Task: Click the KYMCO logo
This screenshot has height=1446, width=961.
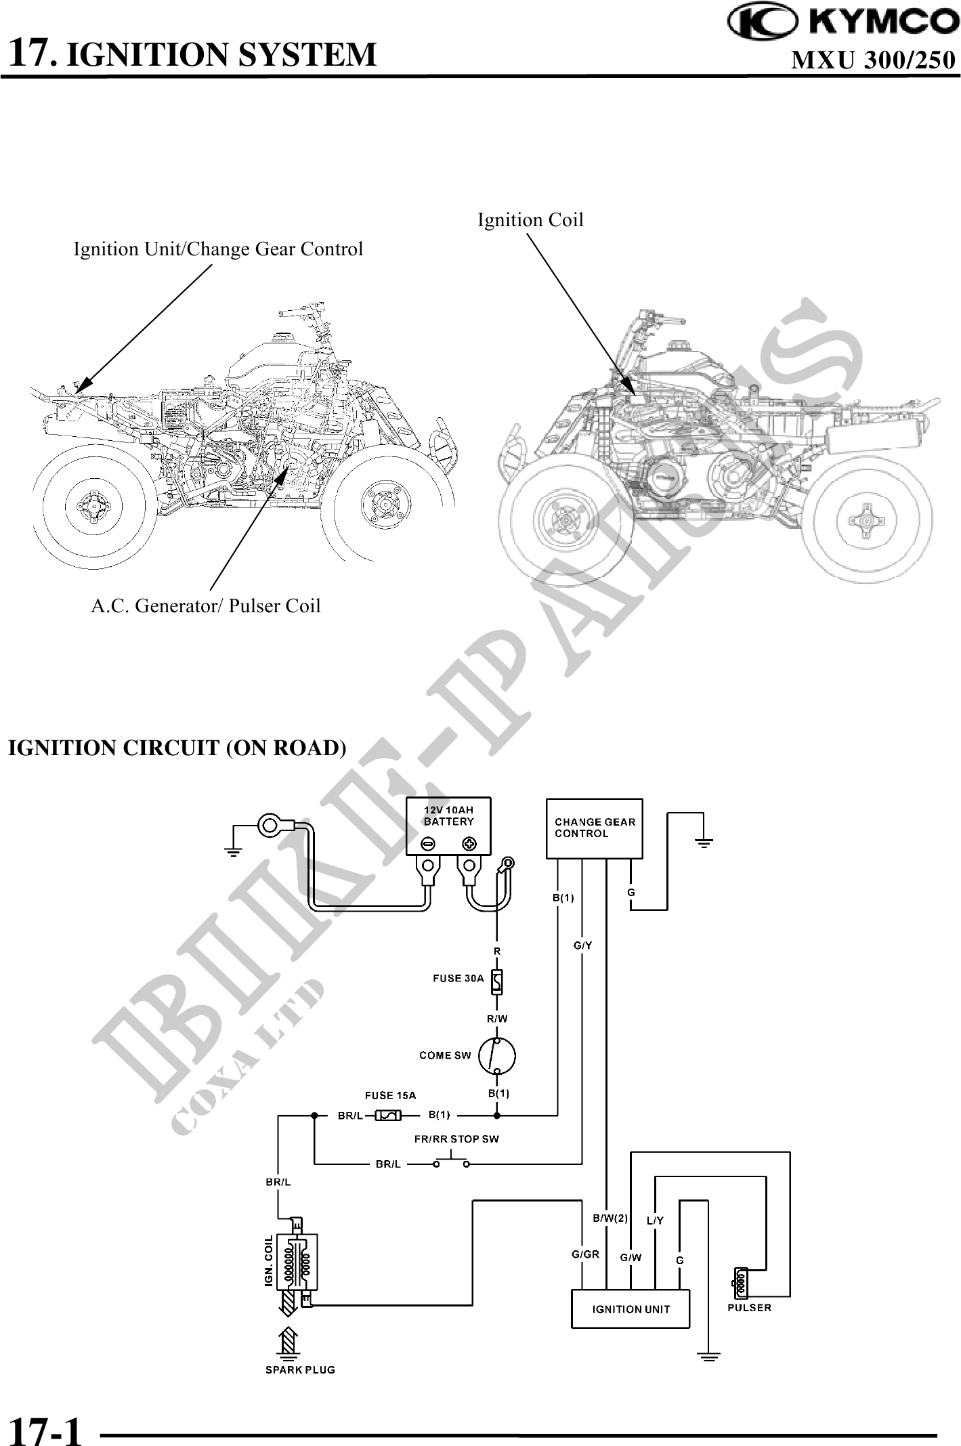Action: click(842, 22)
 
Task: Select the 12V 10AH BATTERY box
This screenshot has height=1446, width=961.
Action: click(448, 826)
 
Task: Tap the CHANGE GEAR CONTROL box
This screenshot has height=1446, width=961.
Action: click(595, 828)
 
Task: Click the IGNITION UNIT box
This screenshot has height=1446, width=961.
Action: click(631, 1309)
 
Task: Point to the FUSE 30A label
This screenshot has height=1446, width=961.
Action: click(458, 978)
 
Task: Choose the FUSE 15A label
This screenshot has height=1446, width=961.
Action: click(390, 1095)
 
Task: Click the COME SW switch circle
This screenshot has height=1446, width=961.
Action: click(496, 1056)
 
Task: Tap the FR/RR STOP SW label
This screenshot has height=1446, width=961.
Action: click(456, 1139)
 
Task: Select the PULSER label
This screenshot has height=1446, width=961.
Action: click(749, 1308)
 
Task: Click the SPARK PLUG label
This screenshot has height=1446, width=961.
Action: click(300, 1369)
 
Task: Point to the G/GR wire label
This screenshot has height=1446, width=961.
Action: click(585, 1254)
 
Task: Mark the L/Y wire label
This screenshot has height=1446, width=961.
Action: click(655, 1221)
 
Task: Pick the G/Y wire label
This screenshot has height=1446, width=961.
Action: click(582, 945)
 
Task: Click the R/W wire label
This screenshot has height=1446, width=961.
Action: click(497, 1019)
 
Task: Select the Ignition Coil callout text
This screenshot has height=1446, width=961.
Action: click(530, 220)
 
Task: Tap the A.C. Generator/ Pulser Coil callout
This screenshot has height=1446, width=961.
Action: click(206, 605)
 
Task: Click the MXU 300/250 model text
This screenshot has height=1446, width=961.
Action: click(873, 61)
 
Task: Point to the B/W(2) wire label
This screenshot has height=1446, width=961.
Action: click(610, 1218)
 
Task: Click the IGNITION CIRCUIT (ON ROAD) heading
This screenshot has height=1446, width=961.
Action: click(177, 748)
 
